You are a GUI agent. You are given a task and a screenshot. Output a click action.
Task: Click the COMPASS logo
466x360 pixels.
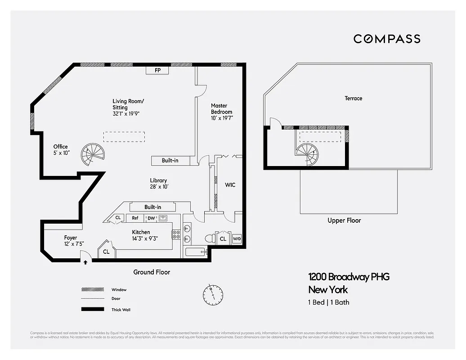point(387,39)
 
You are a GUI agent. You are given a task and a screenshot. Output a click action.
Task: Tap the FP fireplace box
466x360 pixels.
point(157,71)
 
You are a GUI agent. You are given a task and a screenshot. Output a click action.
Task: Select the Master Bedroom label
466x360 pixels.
point(222,112)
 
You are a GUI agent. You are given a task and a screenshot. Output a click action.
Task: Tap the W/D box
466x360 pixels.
point(237,239)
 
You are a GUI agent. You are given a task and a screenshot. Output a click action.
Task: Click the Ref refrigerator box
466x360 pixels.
point(135,218)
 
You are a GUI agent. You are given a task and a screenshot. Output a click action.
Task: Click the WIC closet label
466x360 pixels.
point(230,185)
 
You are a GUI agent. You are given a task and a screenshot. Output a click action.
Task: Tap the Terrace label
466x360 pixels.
point(353,98)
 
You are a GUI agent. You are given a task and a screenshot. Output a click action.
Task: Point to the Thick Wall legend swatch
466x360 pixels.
point(90,309)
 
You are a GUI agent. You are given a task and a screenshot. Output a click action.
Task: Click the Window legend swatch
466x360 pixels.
point(90,289)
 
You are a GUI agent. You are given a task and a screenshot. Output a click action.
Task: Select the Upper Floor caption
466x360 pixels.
point(344,220)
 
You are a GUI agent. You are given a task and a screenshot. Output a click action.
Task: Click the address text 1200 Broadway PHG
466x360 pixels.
point(349,277)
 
